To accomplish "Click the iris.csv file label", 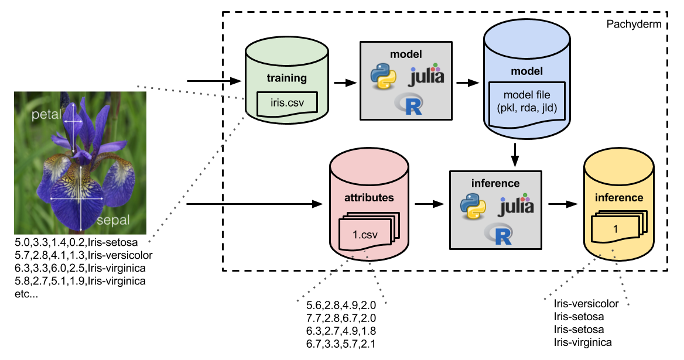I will pyautogui.click(x=287, y=104).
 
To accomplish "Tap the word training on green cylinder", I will pyautogui.click(x=287, y=78).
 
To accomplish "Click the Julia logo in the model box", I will pyautogui.click(x=427, y=76).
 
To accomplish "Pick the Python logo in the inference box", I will pyautogui.click(x=473, y=206).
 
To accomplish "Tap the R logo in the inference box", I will pyautogui.click(x=498, y=234).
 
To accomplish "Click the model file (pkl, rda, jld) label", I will pyautogui.click(x=527, y=101).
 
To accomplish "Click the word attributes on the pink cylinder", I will pyautogui.click(x=369, y=197).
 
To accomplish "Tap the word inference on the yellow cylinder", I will pyautogui.click(x=619, y=197).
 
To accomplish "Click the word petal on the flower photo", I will pyautogui.click(x=46, y=115).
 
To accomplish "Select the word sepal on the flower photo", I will pyautogui.click(x=113, y=221).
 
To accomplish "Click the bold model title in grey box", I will pyautogui.click(x=406, y=54).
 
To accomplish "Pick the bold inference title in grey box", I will pyautogui.click(x=495, y=183).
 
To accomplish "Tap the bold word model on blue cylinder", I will pyautogui.click(x=527, y=71).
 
